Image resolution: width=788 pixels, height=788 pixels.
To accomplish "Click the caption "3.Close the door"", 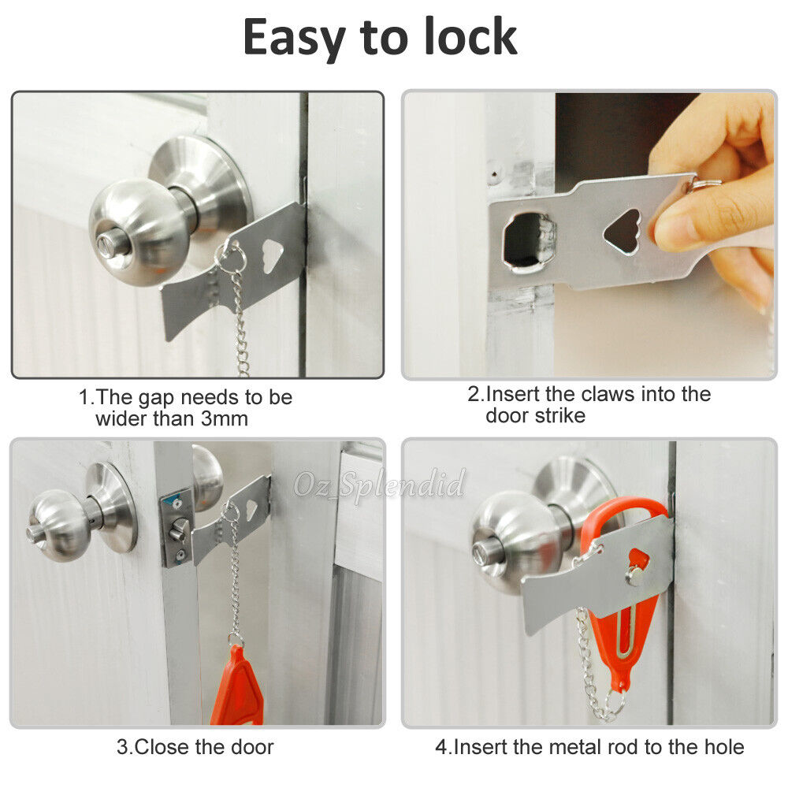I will click(x=195, y=745).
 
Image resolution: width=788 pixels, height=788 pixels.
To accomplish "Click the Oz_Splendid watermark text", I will click(x=380, y=483).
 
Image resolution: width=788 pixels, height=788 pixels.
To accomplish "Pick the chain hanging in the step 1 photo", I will click(x=240, y=323).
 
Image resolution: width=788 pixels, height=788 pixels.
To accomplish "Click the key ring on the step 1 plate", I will click(x=229, y=257).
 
